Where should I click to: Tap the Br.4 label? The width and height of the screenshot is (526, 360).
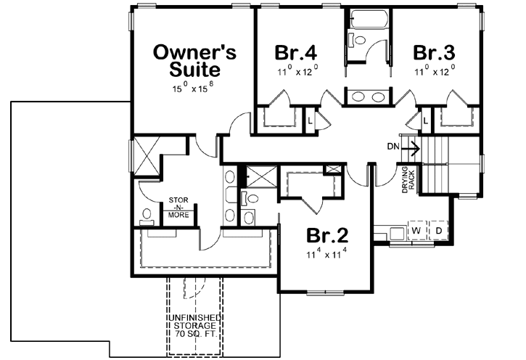(297, 53)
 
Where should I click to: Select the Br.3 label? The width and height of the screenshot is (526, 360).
(435, 53)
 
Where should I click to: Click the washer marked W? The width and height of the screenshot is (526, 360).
(416, 231)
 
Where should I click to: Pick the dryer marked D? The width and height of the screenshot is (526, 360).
(438, 231)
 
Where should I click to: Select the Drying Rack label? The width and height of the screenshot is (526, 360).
(407, 180)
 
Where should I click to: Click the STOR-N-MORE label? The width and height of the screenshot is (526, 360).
(178, 207)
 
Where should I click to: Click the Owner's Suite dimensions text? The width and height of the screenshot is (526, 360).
(192, 89)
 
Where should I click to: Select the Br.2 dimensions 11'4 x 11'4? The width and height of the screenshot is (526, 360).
(328, 254)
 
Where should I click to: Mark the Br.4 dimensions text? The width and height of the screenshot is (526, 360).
(297, 72)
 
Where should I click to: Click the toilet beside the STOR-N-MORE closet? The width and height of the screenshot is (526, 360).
(146, 216)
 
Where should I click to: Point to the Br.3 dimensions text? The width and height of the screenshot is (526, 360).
(435, 72)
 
